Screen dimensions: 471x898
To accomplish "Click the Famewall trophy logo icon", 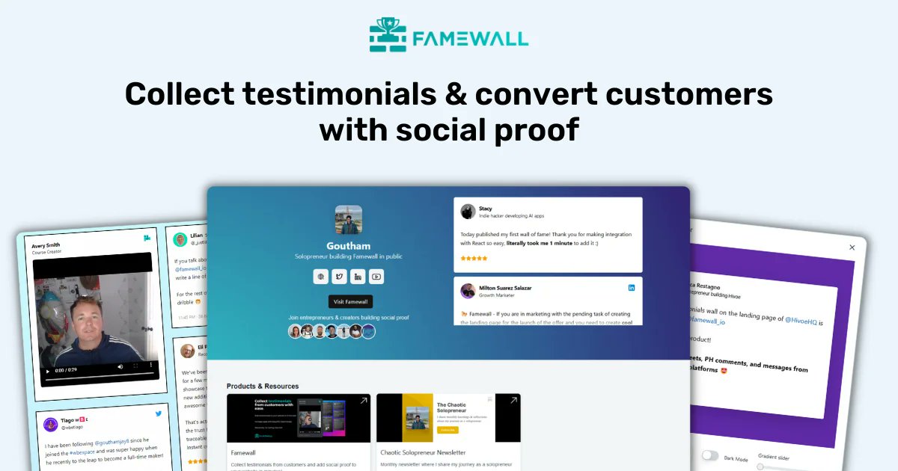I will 388,35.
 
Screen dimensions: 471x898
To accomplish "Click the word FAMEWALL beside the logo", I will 471,37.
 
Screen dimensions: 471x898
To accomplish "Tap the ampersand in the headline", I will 453,96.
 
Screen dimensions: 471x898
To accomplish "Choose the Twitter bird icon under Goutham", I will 339,277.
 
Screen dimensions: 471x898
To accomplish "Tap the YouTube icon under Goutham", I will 376,277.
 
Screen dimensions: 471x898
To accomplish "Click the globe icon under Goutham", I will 321,277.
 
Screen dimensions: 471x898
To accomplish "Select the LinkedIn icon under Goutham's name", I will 358,277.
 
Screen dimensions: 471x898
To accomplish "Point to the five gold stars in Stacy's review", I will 474,259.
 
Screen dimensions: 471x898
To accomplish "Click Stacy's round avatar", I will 468,212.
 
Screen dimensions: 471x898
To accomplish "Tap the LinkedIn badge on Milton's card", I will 632,288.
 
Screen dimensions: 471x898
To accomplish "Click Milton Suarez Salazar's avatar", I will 468,291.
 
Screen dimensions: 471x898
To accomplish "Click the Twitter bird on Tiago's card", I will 159,413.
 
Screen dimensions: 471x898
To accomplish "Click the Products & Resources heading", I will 263,387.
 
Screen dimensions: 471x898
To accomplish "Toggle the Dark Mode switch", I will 710,456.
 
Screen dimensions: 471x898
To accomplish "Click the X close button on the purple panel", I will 852,247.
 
